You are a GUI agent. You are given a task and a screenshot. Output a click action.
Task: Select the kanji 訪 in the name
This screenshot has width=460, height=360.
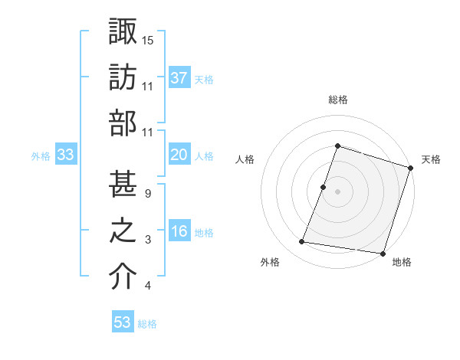pos(123,77)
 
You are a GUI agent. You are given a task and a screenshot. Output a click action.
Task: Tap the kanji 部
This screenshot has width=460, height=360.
pos(123,123)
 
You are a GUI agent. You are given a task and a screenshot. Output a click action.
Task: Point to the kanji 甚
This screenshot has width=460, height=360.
pos(123,184)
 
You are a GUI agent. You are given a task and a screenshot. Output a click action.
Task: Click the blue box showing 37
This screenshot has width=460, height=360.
pos(179,77)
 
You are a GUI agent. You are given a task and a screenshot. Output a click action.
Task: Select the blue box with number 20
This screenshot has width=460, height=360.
pos(179,155)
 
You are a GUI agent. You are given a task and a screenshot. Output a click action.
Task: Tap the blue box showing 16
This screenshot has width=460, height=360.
pos(179,231)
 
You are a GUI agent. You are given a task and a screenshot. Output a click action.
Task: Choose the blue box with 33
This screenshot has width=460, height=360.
pos(65,155)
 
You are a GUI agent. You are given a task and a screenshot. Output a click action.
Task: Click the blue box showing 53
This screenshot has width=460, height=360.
pos(123,322)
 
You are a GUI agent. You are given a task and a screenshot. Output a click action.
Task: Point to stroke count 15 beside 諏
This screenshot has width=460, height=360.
pos(148,39)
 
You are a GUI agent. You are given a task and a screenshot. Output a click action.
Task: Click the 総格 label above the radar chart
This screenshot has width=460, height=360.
pos(337,100)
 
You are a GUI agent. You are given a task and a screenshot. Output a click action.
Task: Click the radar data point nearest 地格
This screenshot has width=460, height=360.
pos(383,254)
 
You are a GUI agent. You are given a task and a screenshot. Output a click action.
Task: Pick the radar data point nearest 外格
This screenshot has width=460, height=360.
pos(301,242)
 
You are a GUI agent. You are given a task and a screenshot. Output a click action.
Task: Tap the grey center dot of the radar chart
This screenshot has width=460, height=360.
pos(337,192)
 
